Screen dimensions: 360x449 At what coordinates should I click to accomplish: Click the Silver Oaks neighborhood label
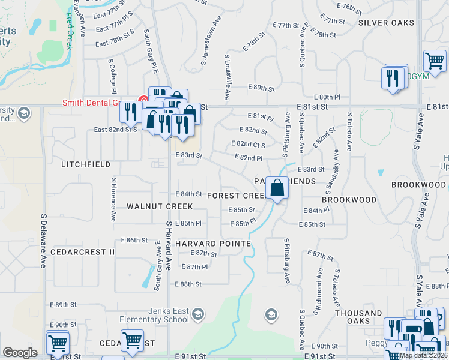tap(386, 23)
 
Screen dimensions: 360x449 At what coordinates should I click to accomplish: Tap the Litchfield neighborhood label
tap(85, 164)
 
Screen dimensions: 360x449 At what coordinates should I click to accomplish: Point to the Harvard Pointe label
tap(213, 244)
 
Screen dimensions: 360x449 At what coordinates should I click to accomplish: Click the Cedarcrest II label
tap(82, 252)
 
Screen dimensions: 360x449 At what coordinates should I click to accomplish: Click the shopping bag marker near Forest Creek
tap(277, 188)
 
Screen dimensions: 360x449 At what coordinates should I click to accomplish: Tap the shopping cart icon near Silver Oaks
tap(435, 61)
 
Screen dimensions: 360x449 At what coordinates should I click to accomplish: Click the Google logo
tap(20, 353)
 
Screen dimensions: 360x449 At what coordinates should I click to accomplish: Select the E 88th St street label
tap(188, 284)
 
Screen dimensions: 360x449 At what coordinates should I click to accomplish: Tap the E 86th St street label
tap(134, 240)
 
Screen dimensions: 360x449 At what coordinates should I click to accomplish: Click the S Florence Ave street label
tap(113, 199)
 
